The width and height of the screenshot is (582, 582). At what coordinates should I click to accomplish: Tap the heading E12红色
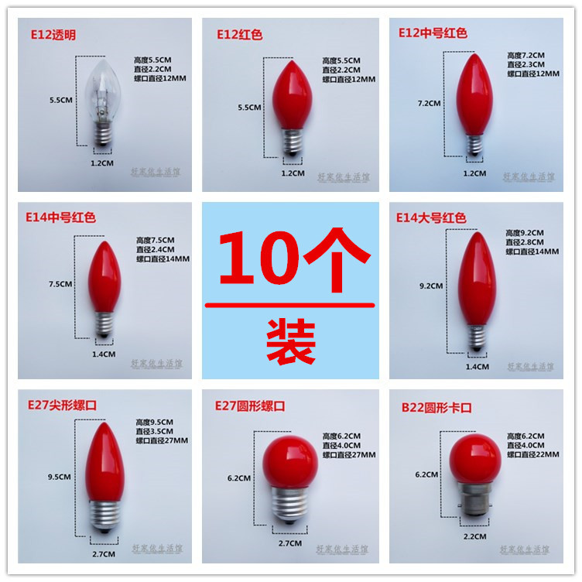(240, 34)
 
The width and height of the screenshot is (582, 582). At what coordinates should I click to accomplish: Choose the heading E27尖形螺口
(63, 405)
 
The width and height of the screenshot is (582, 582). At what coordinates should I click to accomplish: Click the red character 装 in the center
(291, 339)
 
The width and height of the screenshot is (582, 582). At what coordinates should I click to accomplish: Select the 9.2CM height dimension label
(430, 286)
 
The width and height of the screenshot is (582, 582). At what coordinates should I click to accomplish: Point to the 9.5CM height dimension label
(59, 477)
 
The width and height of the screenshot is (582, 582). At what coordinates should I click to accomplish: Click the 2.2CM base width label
(475, 536)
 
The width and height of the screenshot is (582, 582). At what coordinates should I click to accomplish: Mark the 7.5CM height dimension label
(59, 284)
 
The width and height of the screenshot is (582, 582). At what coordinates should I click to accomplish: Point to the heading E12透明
(51, 35)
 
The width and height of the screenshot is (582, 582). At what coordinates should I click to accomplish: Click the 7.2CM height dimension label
(429, 103)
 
